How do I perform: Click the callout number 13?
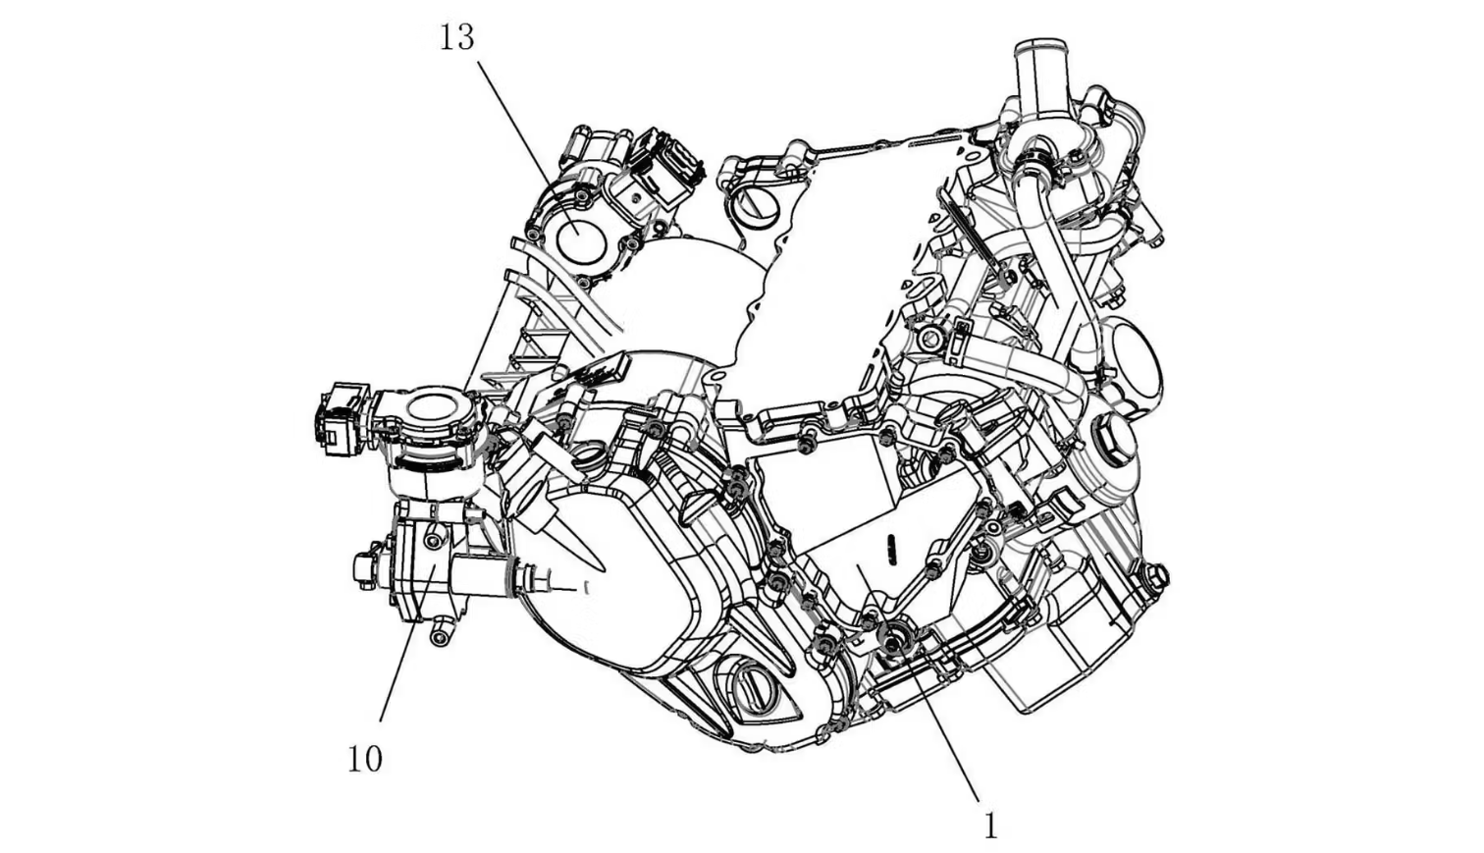point(457,37)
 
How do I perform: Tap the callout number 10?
point(365,759)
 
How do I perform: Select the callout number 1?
point(989,826)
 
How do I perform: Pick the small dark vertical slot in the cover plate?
point(892,550)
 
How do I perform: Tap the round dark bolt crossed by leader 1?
point(894,638)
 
